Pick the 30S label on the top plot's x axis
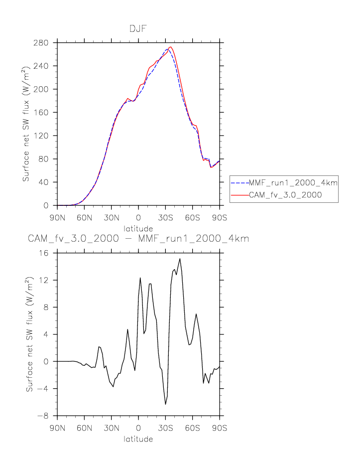pos(165,218)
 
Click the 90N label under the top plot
pos(57,218)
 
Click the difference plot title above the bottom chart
pos(138,239)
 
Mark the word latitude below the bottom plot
pos(138,440)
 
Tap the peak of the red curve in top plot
pos(170,47)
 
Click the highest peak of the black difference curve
pos(180,258)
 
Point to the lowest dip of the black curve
pos(166,404)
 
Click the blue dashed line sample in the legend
pos(241,183)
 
